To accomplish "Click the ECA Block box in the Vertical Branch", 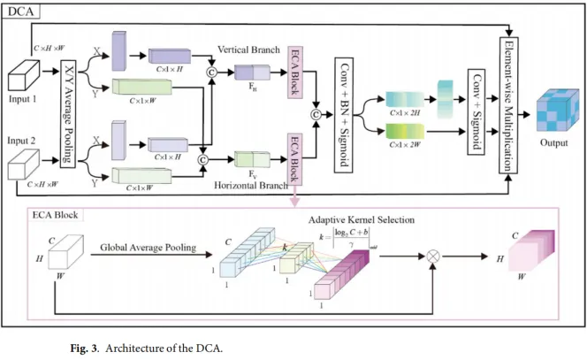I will pyautogui.click(x=295, y=73).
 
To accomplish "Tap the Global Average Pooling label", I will pyautogui.click(x=145, y=249).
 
